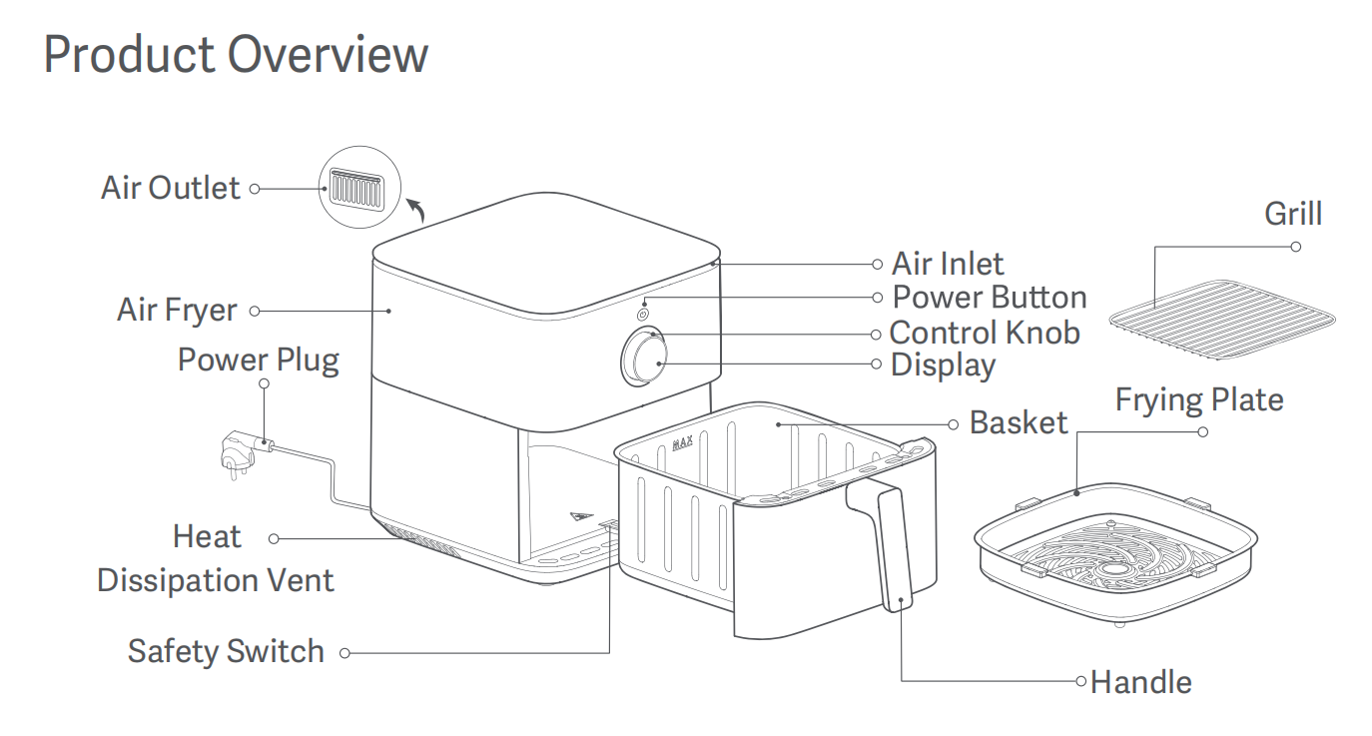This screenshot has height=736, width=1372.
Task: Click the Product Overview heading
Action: click(236, 54)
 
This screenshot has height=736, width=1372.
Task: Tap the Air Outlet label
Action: click(171, 188)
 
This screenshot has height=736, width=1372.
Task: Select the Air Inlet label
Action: click(947, 264)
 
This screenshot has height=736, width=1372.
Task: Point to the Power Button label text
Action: click(989, 298)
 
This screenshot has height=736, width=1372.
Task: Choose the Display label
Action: click(943, 365)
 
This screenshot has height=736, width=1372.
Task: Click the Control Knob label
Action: click(984, 332)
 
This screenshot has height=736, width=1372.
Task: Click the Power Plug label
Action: click(258, 360)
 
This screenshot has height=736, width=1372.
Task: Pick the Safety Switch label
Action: click(226, 652)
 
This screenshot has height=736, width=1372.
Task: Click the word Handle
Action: click(1140, 683)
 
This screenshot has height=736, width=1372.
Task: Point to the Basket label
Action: click(1018, 422)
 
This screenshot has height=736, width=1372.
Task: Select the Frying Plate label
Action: click(1198, 400)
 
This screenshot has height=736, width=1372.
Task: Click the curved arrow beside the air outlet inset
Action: click(416, 209)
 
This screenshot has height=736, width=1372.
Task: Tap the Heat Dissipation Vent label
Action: click(215, 559)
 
